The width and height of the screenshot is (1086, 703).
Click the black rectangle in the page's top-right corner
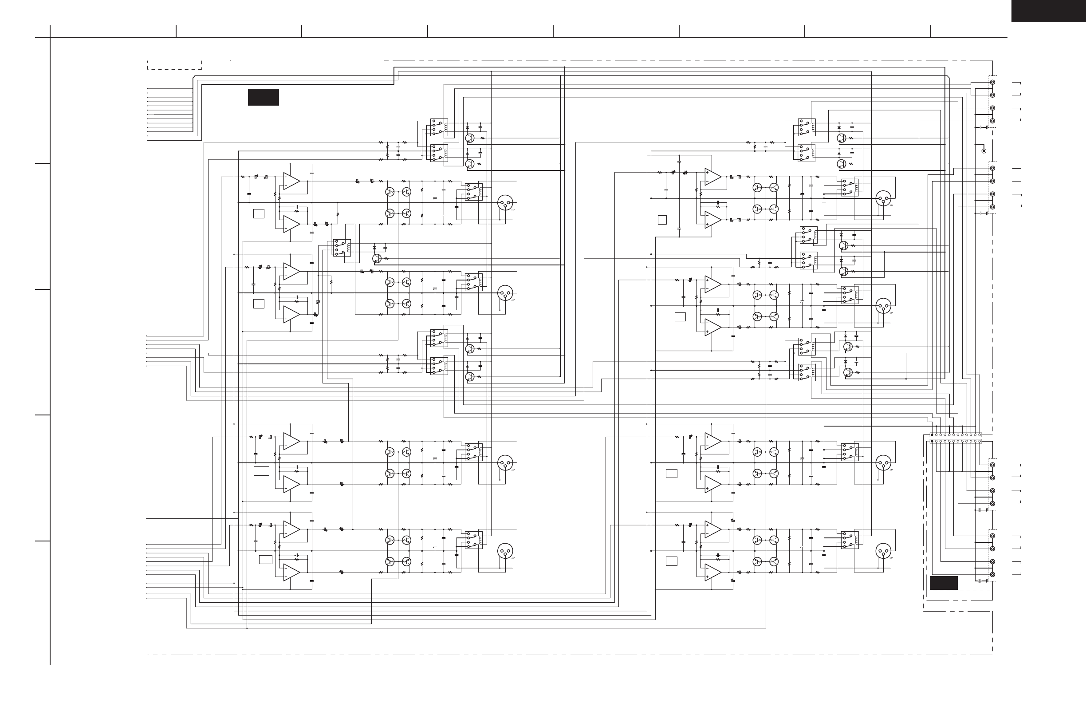[x=1048, y=11]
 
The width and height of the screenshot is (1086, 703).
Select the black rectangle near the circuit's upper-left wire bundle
[x=263, y=97]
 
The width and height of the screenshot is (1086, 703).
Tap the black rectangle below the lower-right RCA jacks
[x=943, y=583]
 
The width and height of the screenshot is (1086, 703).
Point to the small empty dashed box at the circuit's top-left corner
[x=174, y=65]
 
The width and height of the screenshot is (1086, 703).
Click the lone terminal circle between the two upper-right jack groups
[x=984, y=151]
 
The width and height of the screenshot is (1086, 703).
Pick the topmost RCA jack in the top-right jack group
[x=992, y=82]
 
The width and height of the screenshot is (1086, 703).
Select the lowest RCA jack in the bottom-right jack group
[x=992, y=575]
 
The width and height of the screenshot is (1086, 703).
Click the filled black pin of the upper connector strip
[x=932, y=435]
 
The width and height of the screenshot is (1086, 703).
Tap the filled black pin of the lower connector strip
[x=932, y=442]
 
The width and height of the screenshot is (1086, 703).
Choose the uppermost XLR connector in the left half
[x=505, y=203]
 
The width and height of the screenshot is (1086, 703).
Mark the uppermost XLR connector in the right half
[x=883, y=198]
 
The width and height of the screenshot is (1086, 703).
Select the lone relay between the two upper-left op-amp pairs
[x=342, y=247]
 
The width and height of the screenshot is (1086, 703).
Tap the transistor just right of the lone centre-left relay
[x=377, y=258]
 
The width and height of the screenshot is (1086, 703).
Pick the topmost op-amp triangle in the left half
[x=291, y=181]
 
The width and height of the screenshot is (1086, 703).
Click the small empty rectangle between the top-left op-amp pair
[x=259, y=213]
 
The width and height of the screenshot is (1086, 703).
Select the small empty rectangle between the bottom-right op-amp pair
[x=671, y=561]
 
